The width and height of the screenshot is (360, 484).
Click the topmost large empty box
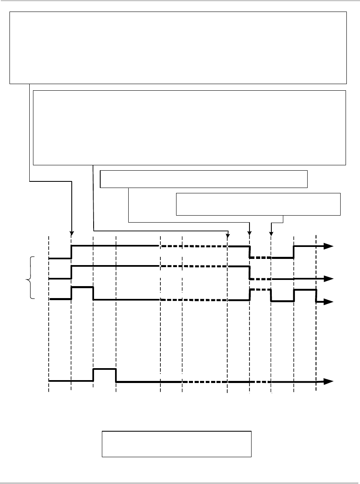tap(178, 47)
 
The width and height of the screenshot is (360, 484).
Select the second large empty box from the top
tap(189, 127)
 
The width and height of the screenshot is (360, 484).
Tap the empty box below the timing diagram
tap(176, 444)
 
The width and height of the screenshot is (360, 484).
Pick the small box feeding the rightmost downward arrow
tap(258, 204)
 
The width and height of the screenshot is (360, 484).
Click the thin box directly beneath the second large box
tap(204, 179)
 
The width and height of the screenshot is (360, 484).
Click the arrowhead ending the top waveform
tap(329, 246)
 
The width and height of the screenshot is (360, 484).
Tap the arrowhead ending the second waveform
tap(329, 278)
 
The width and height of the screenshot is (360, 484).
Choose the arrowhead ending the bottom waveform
tap(329, 381)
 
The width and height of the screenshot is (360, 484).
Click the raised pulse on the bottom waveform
tap(104, 369)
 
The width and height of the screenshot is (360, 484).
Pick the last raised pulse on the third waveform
tap(305, 290)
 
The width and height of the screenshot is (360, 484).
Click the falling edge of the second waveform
tap(249, 272)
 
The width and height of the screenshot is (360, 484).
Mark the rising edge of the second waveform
tap(71, 272)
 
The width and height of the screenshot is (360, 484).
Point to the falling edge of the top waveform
tap(249, 251)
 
